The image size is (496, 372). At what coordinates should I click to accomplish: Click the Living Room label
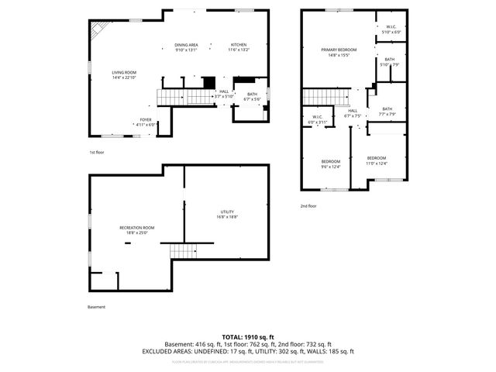(124, 74)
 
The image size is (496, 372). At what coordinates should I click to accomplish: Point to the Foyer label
(146, 121)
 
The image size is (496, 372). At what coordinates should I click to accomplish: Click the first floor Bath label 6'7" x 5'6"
(252, 96)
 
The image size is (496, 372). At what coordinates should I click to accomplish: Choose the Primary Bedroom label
(339, 51)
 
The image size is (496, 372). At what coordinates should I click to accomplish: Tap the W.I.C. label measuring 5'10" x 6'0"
(391, 29)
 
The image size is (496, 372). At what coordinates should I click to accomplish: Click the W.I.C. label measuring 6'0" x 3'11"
(318, 120)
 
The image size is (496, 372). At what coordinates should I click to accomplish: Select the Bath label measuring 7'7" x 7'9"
(387, 111)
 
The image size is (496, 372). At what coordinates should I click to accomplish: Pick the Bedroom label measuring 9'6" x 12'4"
(330, 164)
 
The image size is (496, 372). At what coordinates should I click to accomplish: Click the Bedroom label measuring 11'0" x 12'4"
(377, 160)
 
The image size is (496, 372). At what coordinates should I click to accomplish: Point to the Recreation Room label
(136, 229)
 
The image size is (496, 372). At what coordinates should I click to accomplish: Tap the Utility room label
(227, 214)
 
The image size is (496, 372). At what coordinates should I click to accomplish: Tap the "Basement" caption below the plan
(96, 307)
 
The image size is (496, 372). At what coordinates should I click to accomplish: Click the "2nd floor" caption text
(308, 206)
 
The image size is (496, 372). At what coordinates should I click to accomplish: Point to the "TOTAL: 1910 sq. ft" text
(247, 337)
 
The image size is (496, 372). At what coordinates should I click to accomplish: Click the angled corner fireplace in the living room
(98, 31)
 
